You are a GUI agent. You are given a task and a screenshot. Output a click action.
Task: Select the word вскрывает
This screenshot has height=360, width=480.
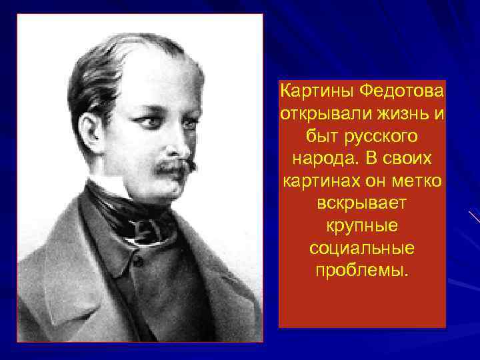362,203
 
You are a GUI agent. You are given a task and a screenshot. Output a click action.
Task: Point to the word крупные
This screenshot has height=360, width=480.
362,225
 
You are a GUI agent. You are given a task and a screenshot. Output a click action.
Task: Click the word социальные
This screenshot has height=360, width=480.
362,248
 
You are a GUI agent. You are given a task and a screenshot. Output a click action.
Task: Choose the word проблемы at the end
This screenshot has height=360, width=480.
362,271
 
